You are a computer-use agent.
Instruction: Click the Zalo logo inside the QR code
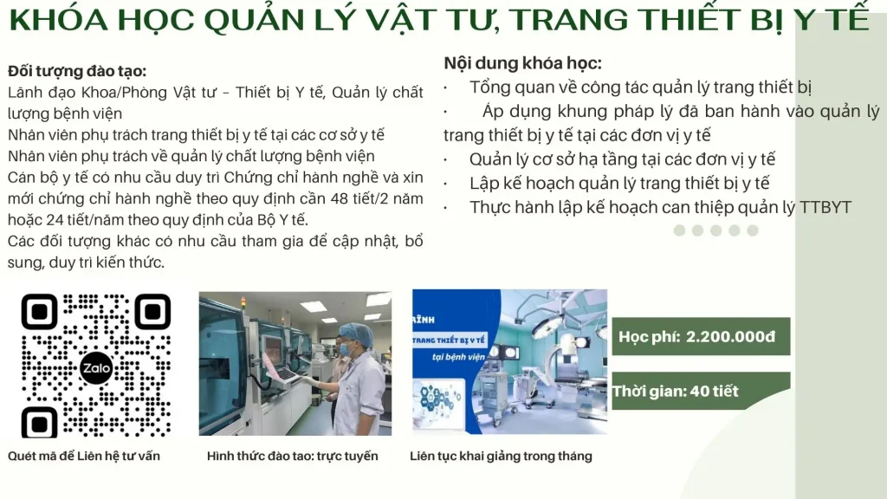coord(96,367)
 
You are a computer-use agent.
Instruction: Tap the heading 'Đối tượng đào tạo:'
coord(77,71)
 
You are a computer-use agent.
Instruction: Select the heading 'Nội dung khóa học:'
coord(522,63)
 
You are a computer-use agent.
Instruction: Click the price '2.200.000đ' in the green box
coord(730,336)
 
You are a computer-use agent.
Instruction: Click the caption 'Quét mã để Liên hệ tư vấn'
coord(84,456)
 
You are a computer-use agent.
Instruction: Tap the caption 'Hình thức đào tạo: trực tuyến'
coord(292,456)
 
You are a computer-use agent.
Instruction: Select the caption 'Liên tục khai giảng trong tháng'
coord(501,456)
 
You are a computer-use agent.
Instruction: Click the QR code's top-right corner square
coord(153,312)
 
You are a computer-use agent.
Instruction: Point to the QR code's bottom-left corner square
coord(40,423)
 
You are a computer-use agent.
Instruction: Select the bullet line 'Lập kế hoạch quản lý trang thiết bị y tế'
coord(619,183)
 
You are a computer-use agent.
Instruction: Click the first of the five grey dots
coord(679,230)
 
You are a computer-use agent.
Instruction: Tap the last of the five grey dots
coord(753,230)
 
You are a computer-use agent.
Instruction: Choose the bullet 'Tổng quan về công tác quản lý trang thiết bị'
coord(640,87)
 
